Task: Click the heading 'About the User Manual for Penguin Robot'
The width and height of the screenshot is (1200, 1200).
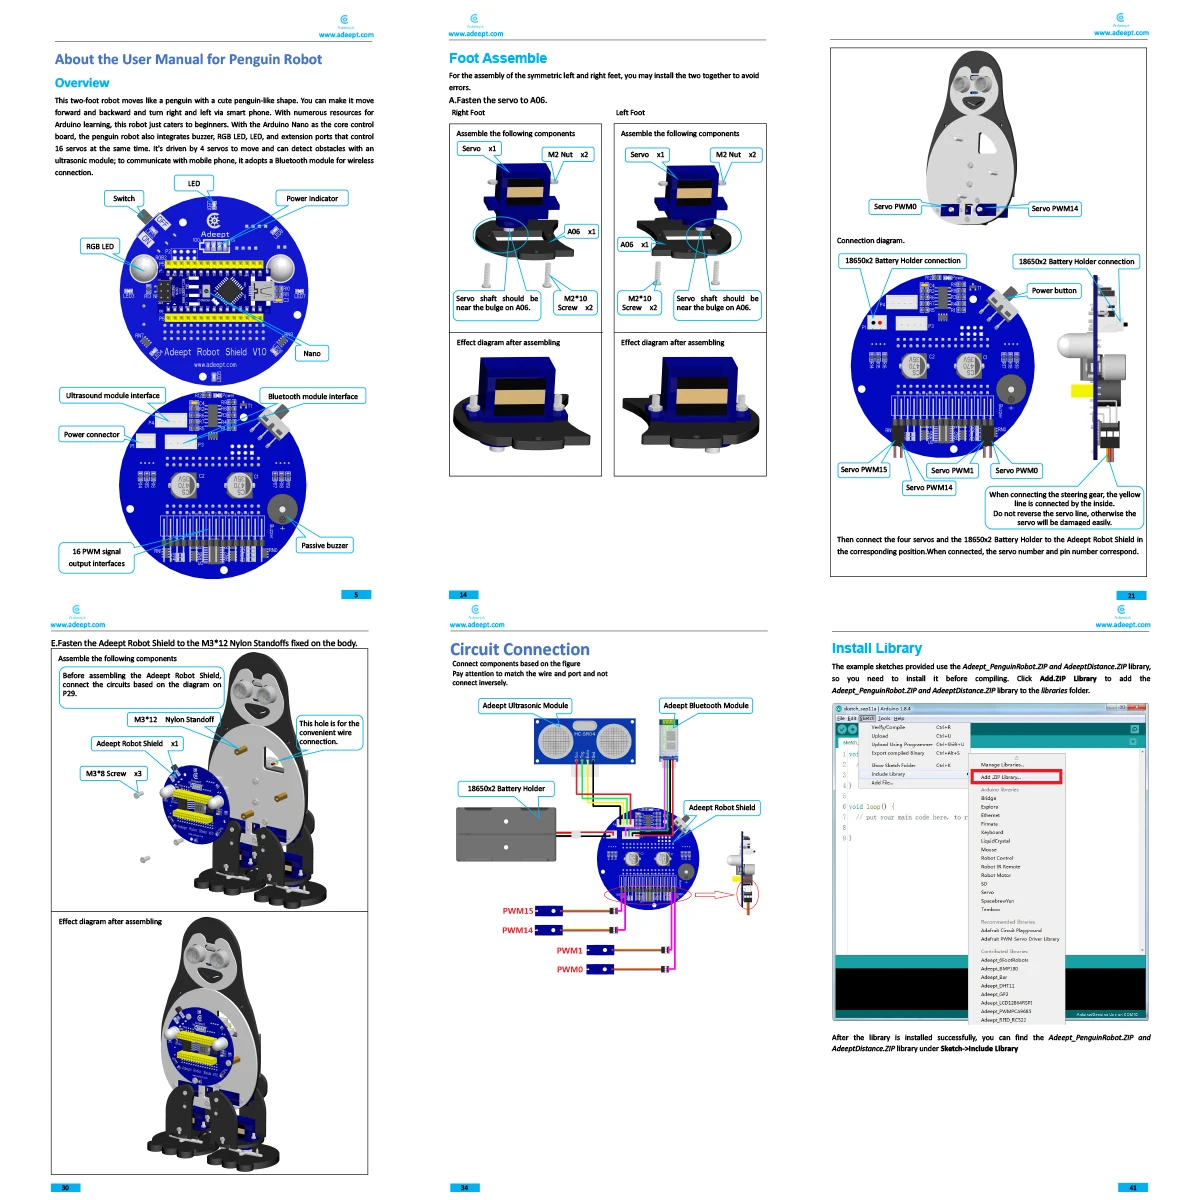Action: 188,60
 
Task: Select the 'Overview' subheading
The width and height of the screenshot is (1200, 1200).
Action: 82,83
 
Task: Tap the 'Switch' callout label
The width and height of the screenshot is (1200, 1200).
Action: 124,198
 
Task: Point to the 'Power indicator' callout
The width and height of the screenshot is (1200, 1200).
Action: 312,198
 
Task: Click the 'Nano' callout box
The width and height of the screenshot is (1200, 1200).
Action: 312,353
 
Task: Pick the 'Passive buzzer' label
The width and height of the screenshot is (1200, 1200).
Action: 325,545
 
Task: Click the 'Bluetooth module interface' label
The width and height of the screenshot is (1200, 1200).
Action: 313,396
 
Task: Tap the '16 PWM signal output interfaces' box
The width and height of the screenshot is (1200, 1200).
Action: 97,557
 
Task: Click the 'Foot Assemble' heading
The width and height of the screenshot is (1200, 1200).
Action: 498,58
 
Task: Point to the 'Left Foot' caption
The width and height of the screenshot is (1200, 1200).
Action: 630,113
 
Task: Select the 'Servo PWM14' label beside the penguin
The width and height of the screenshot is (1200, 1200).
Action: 1055,208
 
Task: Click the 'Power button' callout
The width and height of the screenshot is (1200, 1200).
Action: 1054,291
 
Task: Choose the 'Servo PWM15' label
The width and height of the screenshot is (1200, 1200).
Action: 864,469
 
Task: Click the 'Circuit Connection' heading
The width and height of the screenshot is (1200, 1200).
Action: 520,649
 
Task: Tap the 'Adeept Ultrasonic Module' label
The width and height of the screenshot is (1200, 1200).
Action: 525,705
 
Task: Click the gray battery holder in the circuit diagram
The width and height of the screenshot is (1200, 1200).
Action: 506,834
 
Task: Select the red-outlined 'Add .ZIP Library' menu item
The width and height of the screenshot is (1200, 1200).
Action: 1016,777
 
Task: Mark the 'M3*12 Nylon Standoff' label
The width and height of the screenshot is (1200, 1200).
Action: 174,719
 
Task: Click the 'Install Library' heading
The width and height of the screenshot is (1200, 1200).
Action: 877,648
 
